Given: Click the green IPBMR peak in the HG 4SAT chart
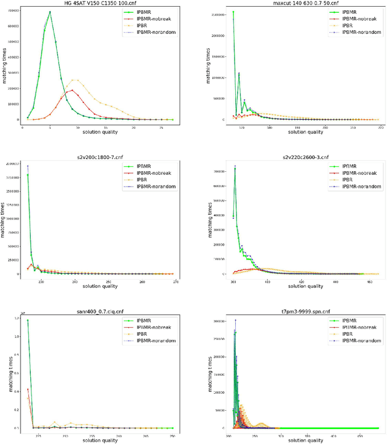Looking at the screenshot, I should pyautogui.click(x=50, y=12).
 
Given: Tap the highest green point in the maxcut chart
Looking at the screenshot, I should pyautogui.click(x=233, y=12).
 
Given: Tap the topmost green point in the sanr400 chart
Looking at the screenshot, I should pyautogui.click(x=28, y=320).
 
